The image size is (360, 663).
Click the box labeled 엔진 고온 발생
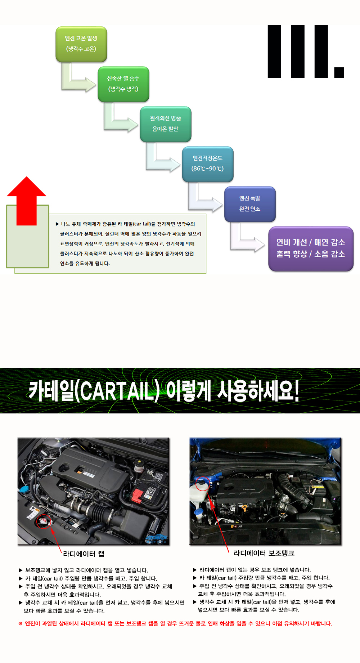click(81, 44)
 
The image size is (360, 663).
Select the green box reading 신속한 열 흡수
click(123, 84)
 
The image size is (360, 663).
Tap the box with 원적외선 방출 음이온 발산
click(166, 124)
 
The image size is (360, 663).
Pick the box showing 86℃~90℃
click(208, 164)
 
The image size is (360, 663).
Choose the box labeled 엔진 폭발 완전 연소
click(250, 204)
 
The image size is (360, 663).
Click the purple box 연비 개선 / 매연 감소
click(311, 248)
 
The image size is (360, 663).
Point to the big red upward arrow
click(27, 201)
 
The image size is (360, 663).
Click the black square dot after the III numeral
click(339, 72)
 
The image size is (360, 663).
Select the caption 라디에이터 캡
click(84, 554)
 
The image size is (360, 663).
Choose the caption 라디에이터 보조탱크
click(264, 553)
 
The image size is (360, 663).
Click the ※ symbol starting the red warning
click(21, 623)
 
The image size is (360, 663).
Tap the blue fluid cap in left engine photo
click(24, 489)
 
